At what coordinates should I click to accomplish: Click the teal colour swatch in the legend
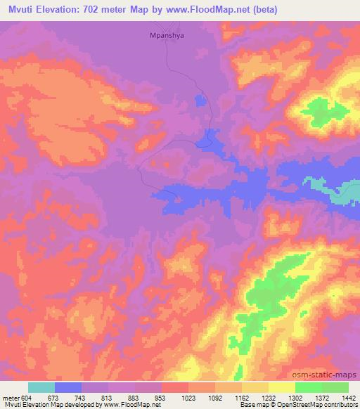pyautogui.click(x=41, y=387)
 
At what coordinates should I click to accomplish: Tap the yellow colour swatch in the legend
pyautogui.click(x=282, y=387)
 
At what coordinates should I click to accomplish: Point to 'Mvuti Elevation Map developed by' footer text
pyautogui.click(x=46, y=405)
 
